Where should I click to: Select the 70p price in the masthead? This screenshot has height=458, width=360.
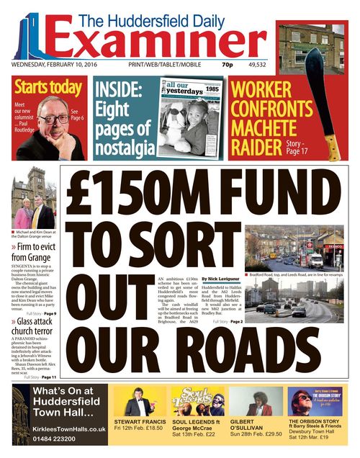coord(228,66)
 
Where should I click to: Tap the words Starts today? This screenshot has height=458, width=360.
coord(48,89)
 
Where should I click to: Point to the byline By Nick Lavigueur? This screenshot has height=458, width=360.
coord(220,277)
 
